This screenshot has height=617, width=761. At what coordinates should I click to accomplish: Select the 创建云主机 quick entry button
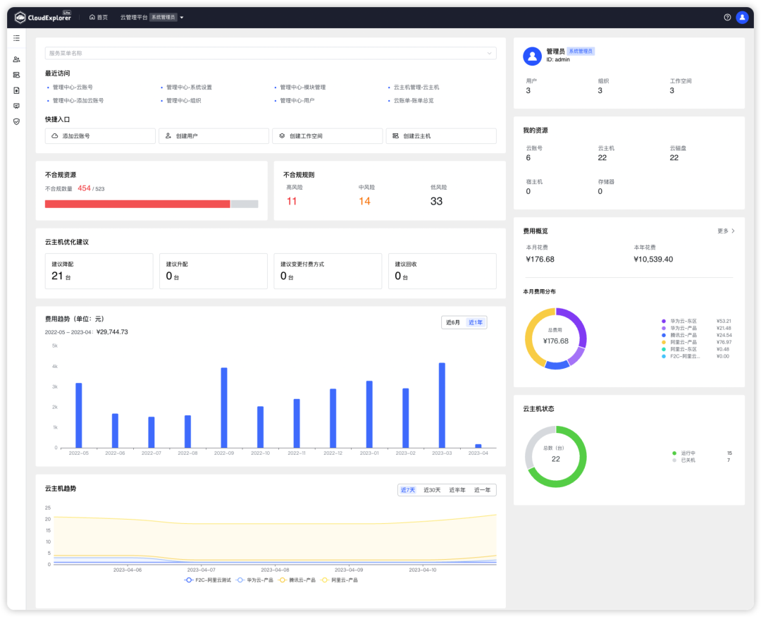pyautogui.click(x=440, y=136)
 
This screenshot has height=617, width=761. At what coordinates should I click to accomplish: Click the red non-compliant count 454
pyautogui.click(x=84, y=188)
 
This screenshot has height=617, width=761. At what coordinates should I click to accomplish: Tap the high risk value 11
pyautogui.click(x=292, y=202)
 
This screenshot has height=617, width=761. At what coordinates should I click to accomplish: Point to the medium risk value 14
pyautogui.click(x=364, y=202)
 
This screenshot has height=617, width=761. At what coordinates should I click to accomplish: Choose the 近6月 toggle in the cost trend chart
pyautogui.click(x=453, y=322)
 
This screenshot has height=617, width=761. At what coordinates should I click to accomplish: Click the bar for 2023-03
pyautogui.click(x=442, y=405)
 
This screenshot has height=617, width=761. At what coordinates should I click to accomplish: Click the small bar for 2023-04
pyautogui.click(x=478, y=446)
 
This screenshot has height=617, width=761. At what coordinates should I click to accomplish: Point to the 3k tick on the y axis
pyautogui.click(x=54, y=386)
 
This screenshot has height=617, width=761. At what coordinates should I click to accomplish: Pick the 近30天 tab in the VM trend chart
pyautogui.click(x=432, y=490)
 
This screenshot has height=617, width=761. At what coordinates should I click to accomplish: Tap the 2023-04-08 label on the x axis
pyautogui.click(x=275, y=570)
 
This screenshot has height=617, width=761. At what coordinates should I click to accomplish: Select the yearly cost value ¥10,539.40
pyautogui.click(x=653, y=259)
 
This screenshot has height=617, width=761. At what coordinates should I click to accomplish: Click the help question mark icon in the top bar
pyautogui.click(x=727, y=18)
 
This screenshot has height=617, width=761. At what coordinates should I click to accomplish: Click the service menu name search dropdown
pyautogui.click(x=271, y=53)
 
